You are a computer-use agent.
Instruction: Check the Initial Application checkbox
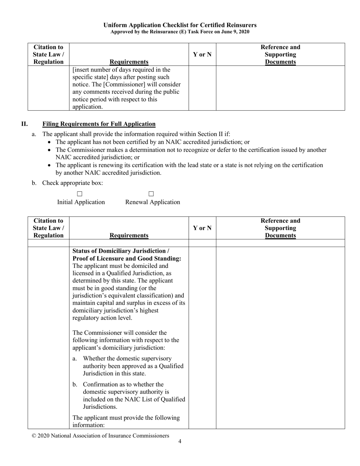coord(80,194)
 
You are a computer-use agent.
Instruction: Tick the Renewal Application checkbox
coord(151,194)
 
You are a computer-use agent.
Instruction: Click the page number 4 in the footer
coord(180,441)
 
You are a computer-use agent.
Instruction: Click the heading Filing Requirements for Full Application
coord(99,124)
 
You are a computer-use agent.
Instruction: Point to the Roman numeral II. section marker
coord(24,124)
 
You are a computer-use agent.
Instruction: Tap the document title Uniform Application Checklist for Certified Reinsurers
coord(180,25)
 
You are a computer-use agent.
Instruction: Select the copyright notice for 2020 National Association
coord(100,436)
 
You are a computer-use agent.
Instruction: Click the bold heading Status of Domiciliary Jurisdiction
coord(121,251)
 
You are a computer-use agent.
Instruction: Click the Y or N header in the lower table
coord(202,228)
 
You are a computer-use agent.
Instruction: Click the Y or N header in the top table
coord(202,55)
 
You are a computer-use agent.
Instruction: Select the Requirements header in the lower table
coord(129,235)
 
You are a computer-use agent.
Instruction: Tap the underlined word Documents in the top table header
coord(280,62)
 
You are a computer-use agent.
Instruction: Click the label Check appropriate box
coord(72,183)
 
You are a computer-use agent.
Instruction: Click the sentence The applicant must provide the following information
coord(126,421)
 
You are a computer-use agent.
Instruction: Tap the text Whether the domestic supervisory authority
coord(127,358)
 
